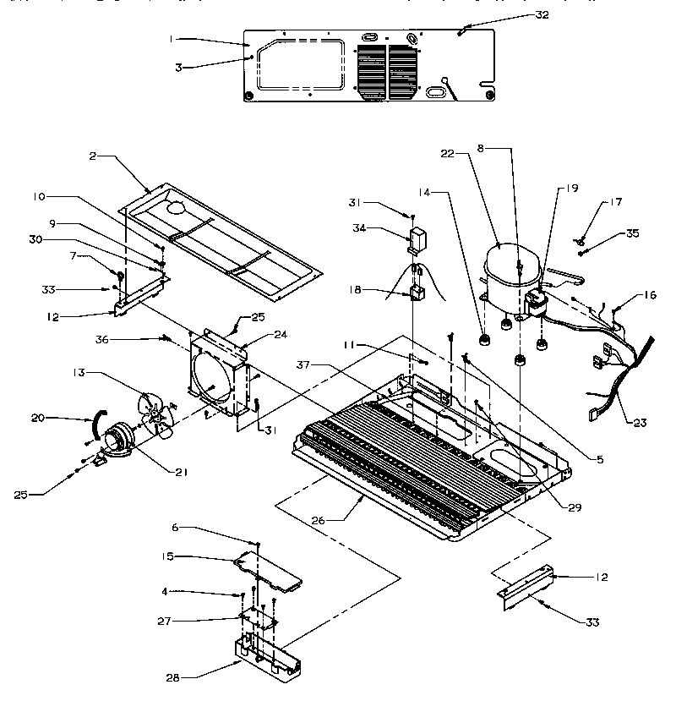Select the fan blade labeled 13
click(156, 414)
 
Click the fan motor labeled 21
click(123, 440)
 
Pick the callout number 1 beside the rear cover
click(171, 39)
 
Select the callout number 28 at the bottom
click(172, 676)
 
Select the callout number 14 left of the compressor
click(422, 194)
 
